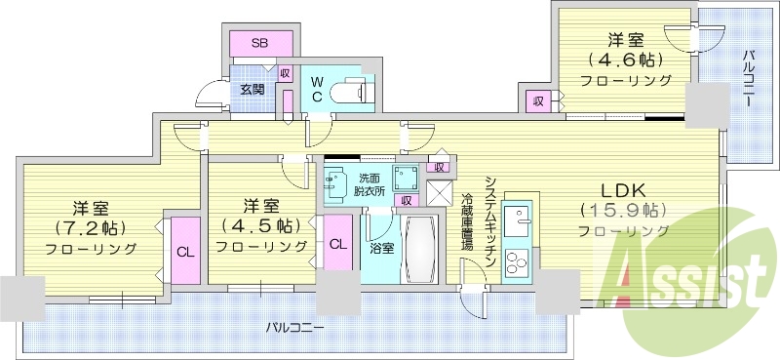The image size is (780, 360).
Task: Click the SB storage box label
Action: click(x=260, y=44)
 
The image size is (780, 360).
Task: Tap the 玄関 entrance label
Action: click(x=252, y=90)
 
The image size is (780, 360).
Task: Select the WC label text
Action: click(x=317, y=90)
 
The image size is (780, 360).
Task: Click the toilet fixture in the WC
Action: click(x=350, y=91)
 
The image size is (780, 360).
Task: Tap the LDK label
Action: click(x=622, y=188)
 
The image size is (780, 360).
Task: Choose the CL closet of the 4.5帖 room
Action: click(x=336, y=244)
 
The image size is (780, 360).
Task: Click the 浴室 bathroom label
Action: click(x=381, y=248)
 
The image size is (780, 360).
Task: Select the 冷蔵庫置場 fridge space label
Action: click(x=466, y=222)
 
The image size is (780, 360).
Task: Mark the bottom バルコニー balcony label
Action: click(x=294, y=328)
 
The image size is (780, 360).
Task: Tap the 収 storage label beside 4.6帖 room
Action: click(x=537, y=100)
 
